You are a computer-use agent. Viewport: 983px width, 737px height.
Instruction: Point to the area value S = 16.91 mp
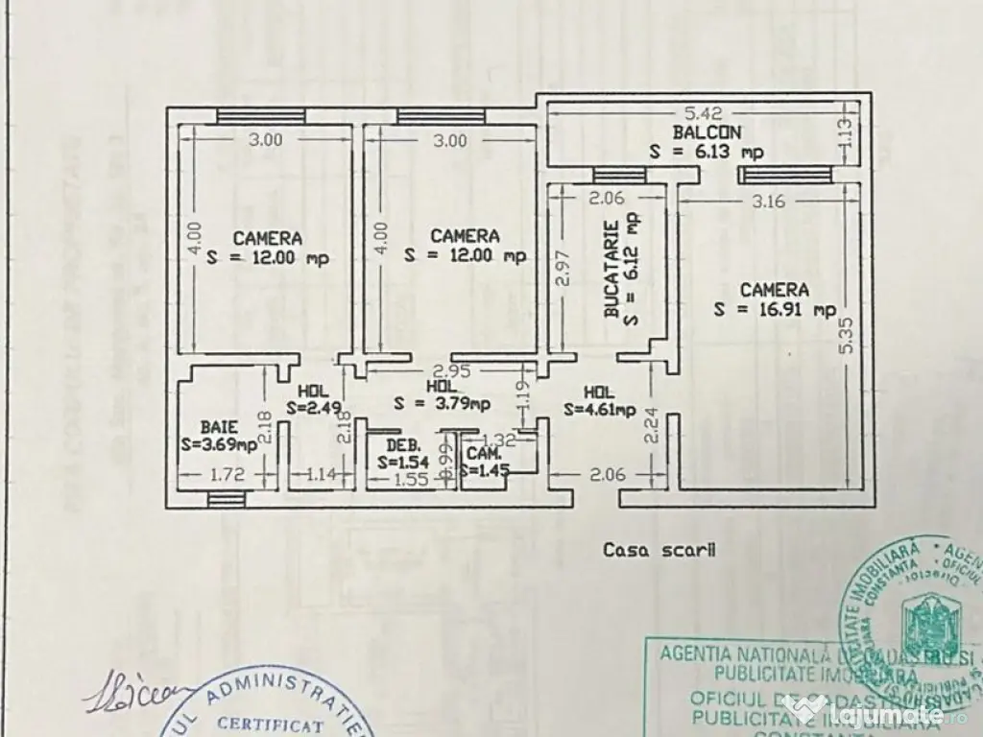(774, 309)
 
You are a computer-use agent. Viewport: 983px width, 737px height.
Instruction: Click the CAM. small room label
(482, 453)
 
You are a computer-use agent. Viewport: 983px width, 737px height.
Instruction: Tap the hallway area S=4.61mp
(599, 410)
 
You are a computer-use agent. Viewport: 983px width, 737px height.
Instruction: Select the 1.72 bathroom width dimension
(224, 473)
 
